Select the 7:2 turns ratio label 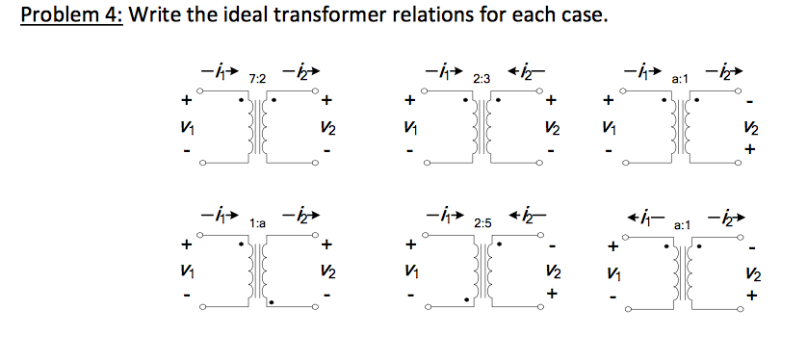(257, 76)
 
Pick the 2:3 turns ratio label (482, 76)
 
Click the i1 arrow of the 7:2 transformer (218, 70)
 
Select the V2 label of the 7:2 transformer (327, 128)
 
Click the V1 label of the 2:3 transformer (411, 128)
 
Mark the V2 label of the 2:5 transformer (551, 274)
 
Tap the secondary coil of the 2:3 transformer (494, 128)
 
